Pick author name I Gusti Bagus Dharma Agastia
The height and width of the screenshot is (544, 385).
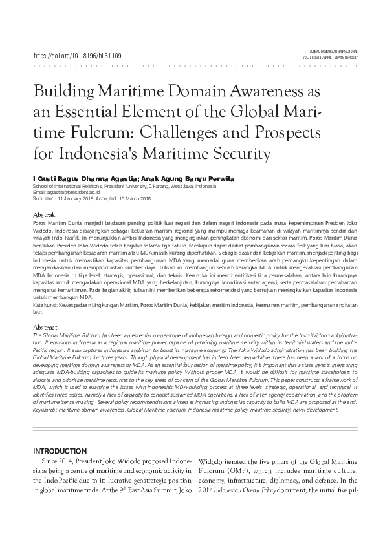(90, 178)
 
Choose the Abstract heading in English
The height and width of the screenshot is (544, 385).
(45, 328)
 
